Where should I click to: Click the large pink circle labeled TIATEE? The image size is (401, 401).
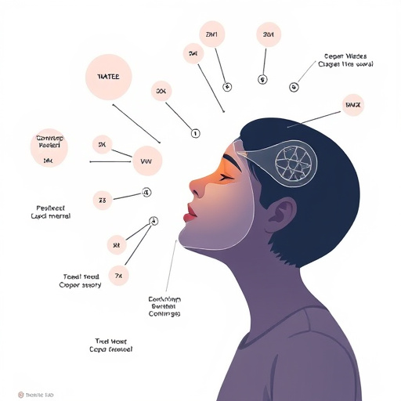tap(108, 77)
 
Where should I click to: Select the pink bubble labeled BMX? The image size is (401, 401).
tap(353, 104)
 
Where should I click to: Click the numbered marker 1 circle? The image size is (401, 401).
tap(196, 133)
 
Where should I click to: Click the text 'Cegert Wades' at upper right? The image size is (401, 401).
tap(345, 56)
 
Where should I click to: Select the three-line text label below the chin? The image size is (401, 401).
tap(164, 306)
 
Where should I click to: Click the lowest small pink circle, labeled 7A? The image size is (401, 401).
tap(117, 276)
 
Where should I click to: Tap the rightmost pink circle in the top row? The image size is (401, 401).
tap(269, 35)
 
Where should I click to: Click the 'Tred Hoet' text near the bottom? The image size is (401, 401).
tap(109, 342)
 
